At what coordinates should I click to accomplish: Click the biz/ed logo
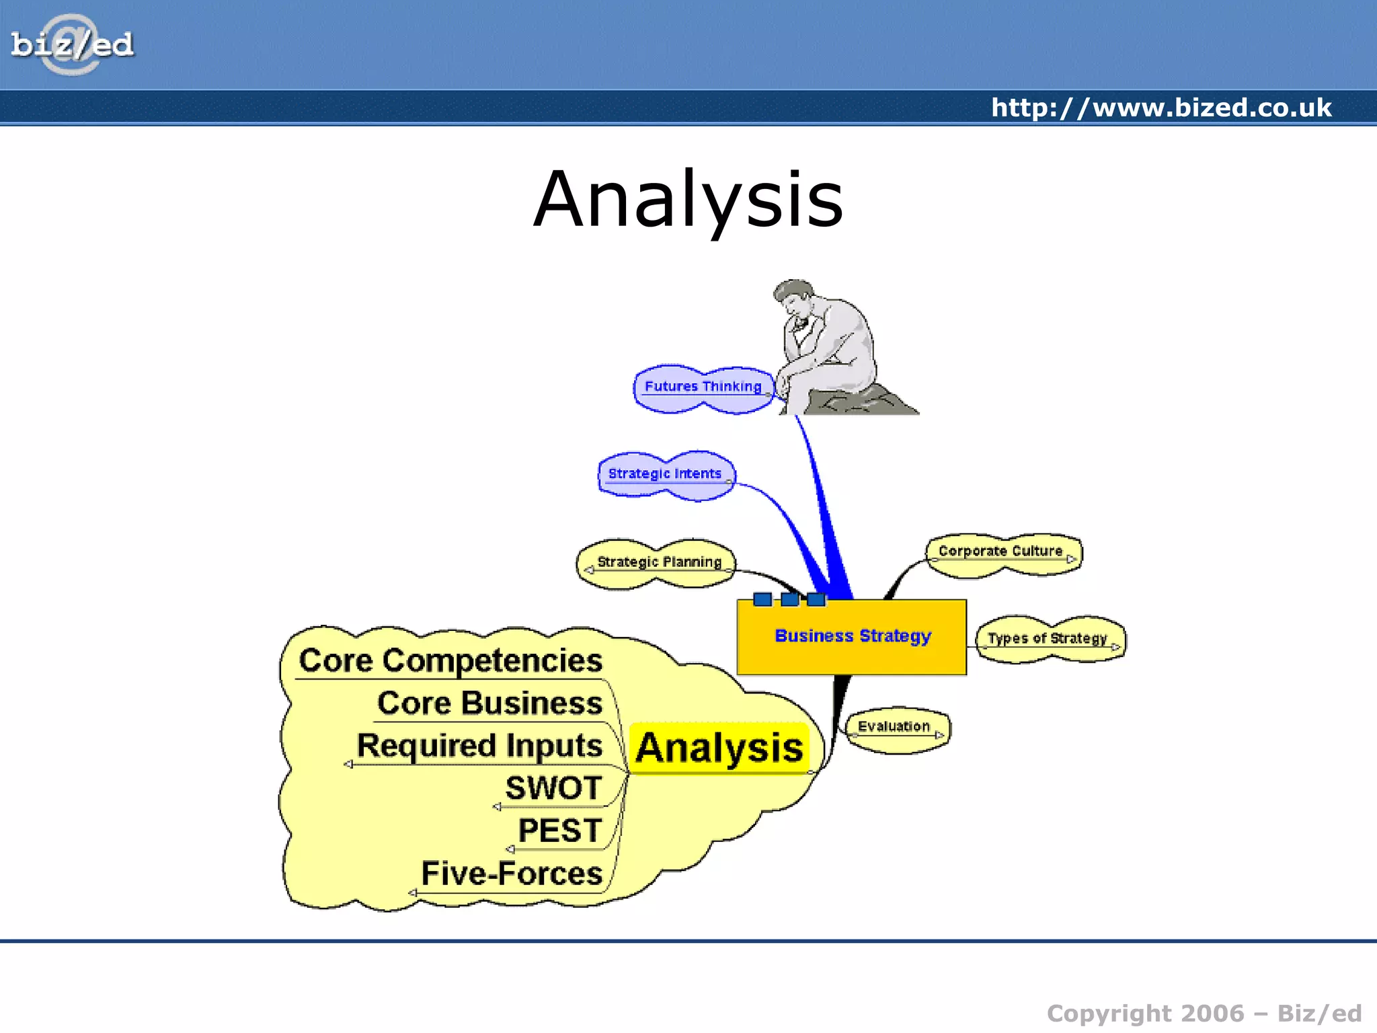pos(72,45)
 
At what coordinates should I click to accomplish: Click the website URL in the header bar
pos(1160,108)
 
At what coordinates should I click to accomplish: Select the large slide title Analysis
pos(688,200)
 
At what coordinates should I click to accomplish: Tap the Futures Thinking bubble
pos(703,387)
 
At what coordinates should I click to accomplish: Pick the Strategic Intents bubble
pos(665,474)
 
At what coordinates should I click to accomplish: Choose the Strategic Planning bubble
pos(658,562)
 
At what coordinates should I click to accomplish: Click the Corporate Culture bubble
pos(1001,552)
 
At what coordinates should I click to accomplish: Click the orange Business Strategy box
pos(853,636)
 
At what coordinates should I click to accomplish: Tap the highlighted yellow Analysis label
pos(719,748)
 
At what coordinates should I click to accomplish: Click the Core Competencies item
pos(450,660)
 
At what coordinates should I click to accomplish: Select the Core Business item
pos(489,703)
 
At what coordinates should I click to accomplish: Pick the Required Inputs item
pos(479,746)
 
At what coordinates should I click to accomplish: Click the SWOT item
pos(553,788)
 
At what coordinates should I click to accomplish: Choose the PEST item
pos(559,831)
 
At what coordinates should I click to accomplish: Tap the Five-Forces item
pos(512,874)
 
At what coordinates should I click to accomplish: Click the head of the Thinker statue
pos(794,297)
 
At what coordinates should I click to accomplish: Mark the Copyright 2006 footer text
pos(1204,1013)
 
